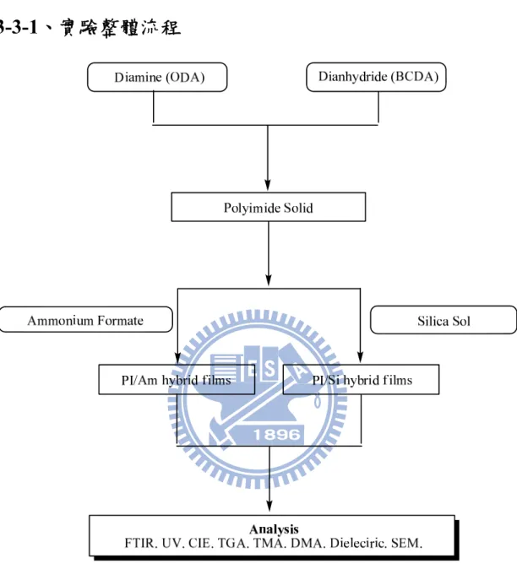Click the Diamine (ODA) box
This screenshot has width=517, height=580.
157,77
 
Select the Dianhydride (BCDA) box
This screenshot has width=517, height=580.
376,77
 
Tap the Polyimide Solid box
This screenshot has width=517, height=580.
269,207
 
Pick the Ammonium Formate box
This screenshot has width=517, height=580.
86,320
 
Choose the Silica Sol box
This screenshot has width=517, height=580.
444,320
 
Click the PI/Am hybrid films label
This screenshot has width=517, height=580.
177,380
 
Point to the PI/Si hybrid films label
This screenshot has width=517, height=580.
362,380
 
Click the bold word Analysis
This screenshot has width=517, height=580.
274,529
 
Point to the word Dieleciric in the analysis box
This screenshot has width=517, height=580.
357,543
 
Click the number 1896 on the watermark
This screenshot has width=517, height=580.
277,434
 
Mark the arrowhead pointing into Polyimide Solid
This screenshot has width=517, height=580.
268,185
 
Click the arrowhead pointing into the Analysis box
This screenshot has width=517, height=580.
269,506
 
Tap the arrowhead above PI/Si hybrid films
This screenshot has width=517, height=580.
360,357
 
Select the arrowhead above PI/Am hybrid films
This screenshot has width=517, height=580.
177,358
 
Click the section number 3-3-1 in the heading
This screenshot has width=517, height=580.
19,27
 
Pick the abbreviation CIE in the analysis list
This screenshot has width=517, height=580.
200,543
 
